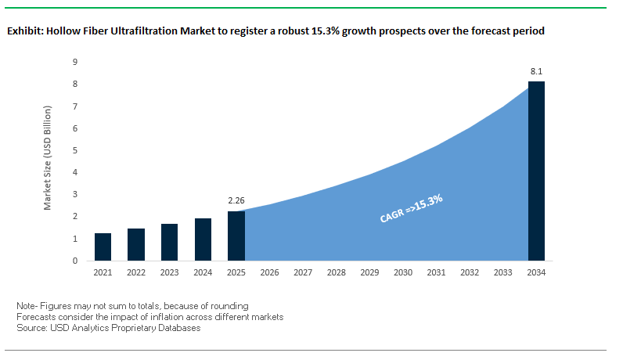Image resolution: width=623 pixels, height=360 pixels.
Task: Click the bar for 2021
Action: click(x=103, y=247)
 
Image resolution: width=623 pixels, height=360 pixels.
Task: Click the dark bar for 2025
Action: click(x=236, y=236)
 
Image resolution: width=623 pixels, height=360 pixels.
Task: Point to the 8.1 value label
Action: click(x=537, y=72)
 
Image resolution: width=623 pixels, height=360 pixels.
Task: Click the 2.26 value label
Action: click(x=236, y=201)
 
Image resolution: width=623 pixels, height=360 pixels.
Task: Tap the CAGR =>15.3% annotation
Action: click(x=412, y=209)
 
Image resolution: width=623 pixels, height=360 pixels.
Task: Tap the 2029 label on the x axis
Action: click(x=369, y=272)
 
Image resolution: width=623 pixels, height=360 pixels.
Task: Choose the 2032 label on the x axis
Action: click(x=470, y=272)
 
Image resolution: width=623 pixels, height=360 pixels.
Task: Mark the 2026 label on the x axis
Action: click(x=269, y=272)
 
